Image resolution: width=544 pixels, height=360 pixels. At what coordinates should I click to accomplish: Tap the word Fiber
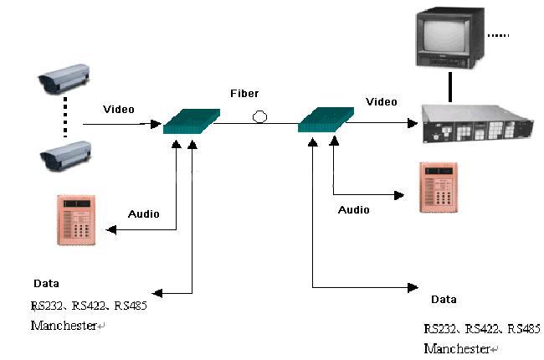(x=246, y=93)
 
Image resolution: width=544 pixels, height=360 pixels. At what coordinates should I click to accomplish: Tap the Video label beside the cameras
(x=119, y=110)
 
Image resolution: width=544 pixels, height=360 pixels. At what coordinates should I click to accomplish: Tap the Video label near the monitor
(x=382, y=102)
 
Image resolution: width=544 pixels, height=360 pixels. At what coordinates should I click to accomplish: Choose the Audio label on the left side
(x=143, y=213)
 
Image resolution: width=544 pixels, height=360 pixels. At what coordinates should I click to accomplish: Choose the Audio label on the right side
(x=353, y=210)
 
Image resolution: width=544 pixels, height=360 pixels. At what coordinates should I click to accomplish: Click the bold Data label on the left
(x=46, y=284)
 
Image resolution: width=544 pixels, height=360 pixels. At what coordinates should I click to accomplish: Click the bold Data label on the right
(x=444, y=299)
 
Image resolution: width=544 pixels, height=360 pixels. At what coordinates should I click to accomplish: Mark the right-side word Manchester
(x=457, y=347)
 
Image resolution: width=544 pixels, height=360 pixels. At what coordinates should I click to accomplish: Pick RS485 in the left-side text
(x=129, y=306)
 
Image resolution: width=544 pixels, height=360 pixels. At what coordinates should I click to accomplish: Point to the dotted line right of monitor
(x=498, y=35)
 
